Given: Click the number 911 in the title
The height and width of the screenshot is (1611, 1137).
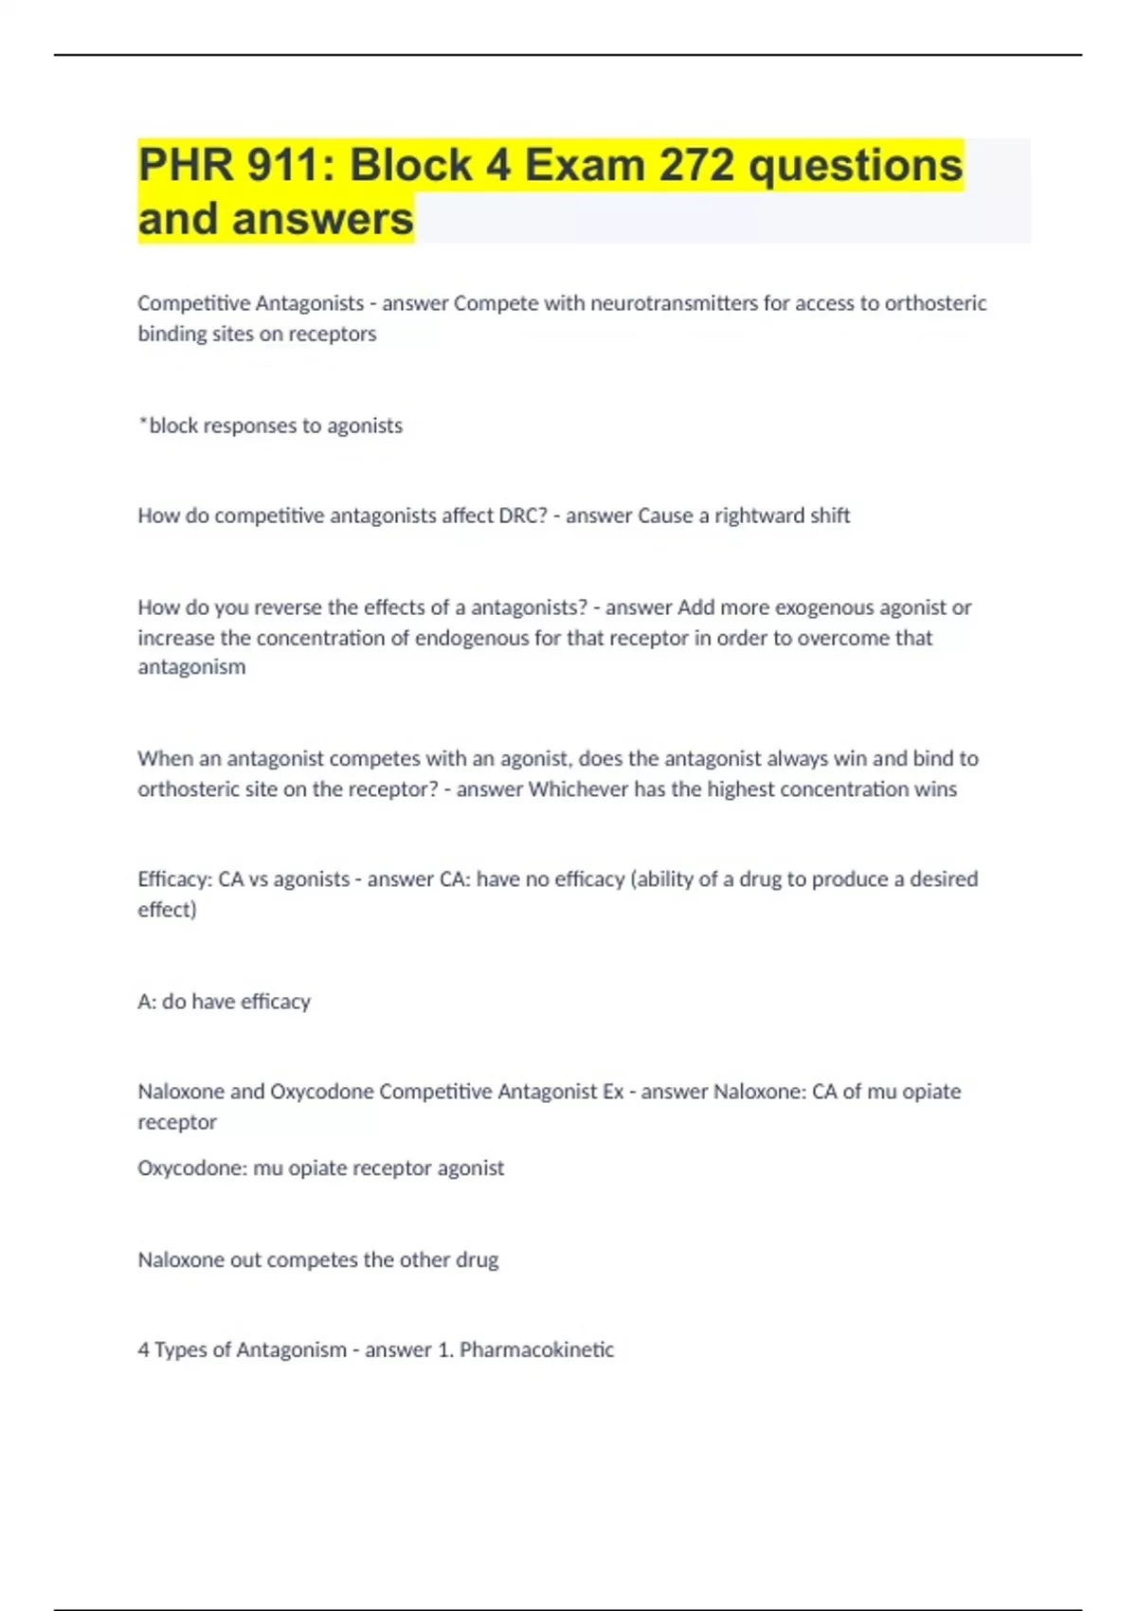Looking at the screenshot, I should pos(282,165).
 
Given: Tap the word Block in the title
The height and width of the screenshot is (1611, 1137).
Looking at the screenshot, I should pos(411,165).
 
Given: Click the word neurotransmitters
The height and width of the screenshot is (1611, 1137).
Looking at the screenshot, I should pos(674,303).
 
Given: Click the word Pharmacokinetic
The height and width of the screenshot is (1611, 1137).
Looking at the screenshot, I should pos(536,1349).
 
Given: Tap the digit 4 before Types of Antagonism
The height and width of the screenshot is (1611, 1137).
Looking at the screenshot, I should pos(143,1349).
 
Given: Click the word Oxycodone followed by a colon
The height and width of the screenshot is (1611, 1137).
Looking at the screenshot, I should pos(192,1168).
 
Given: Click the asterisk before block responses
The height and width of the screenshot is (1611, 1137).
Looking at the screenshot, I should pos(142,422).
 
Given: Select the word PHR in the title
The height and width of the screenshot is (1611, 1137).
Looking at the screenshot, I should pos(186,165).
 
